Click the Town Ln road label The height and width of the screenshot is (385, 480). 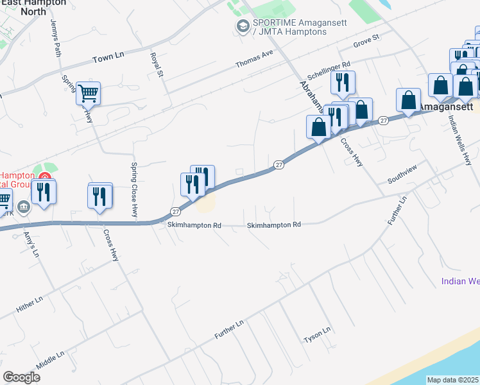tap(107, 58)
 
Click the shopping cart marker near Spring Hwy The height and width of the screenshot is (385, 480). tap(88, 94)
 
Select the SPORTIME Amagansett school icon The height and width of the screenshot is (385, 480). tap(243, 26)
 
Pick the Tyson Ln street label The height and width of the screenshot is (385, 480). tap(316, 334)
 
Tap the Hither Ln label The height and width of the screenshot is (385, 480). tap(30, 305)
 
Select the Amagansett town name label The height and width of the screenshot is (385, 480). tap(446, 105)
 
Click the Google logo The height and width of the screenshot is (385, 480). tap(21, 377)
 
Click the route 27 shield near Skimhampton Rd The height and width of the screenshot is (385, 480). tap(176, 211)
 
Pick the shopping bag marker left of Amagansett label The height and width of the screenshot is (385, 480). tap(409, 100)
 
